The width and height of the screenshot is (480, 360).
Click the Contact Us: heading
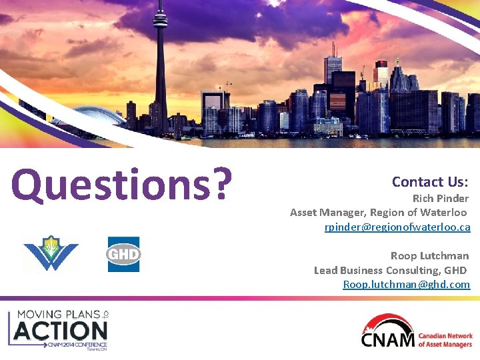pyautogui.click(x=430, y=181)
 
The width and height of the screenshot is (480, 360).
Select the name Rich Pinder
pyautogui.click(x=440, y=198)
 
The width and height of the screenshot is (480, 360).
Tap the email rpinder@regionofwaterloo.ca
pyautogui.click(x=397, y=227)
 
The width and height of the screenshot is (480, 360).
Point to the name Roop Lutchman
pyautogui.click(x=429, y=255)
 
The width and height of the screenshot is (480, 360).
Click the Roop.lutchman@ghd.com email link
pyautogui.click(x=406, y=285)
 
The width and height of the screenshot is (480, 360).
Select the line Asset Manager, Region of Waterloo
pyautogui.click(x=378, y=213)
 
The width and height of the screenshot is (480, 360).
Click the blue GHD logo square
pyautogui.click(x=124, y=254)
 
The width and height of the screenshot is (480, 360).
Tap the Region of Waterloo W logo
pyautogui.click(x=51, y=254)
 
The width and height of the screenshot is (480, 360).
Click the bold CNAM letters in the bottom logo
pyautogui.click(x=387, y=340)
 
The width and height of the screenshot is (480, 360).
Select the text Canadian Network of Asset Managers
pyautogui.click(x=445, y=340)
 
